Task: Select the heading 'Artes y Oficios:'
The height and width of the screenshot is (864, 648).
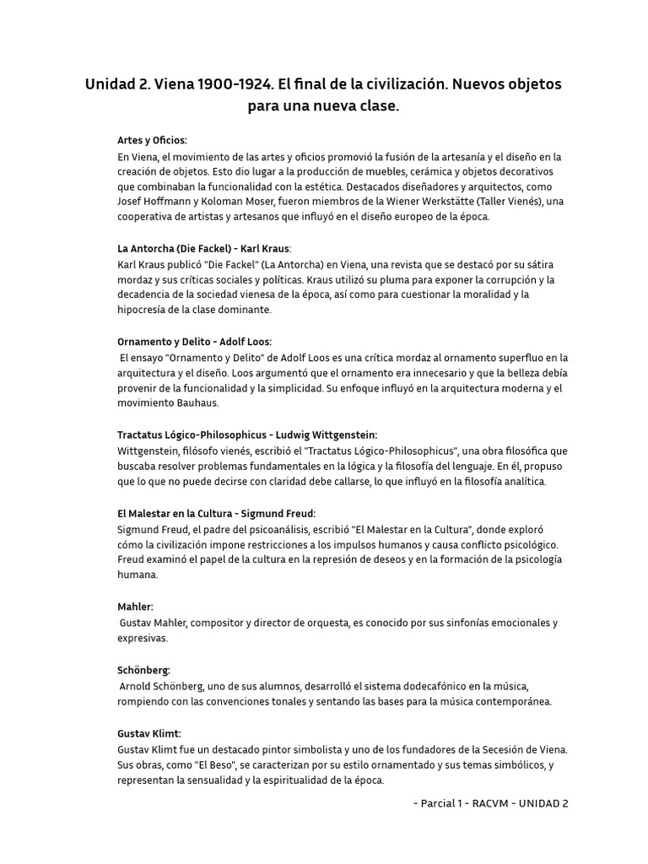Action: coord(152,140)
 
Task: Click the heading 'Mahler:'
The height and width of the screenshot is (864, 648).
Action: coord(135,607)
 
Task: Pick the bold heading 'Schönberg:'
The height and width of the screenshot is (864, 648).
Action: coord(143,670)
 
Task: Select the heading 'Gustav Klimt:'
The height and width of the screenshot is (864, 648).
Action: coord(148,733)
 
